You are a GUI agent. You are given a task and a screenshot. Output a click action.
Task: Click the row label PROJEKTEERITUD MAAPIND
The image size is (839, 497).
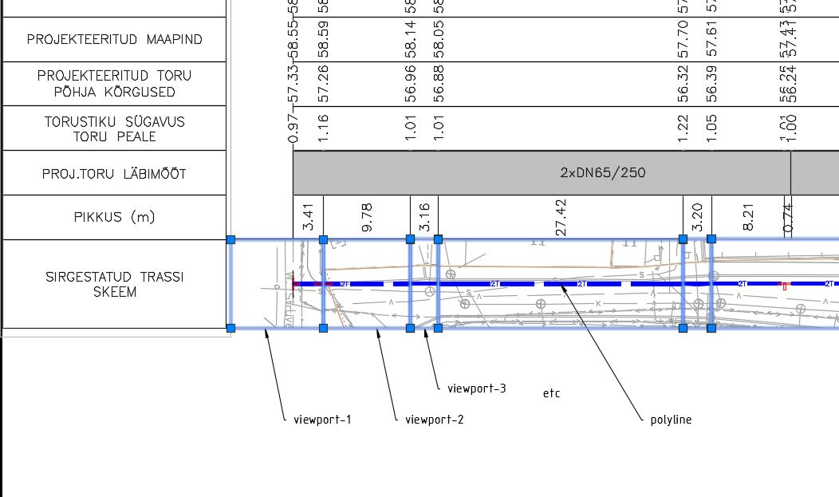(114, 39)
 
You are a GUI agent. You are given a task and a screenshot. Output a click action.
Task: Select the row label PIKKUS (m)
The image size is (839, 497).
(114, 217)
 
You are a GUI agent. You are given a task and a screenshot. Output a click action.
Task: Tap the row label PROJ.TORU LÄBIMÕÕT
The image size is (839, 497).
(114, 173)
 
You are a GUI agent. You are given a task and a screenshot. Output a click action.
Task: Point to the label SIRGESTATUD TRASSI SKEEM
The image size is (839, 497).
(114, 284)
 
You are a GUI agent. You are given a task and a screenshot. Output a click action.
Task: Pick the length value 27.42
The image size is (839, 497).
(561, 218)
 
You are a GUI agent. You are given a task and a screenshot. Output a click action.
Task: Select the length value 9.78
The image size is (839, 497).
(367, 218)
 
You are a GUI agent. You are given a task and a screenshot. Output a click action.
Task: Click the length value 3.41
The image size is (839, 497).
(309, 218)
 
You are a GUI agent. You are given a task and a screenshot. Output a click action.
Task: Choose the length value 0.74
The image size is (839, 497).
(788, 218)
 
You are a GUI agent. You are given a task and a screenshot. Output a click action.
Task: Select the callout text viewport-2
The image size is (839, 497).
(434, 419)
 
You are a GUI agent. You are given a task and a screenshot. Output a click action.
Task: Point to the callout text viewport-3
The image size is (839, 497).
(476, 389)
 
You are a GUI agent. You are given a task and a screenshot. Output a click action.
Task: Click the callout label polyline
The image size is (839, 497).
(671, 419)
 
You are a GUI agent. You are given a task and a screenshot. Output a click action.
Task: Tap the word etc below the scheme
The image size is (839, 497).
(551, 393)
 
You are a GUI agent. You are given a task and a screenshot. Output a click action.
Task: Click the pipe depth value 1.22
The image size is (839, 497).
(683, 128)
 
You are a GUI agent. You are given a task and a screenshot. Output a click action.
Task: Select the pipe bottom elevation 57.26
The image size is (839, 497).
(324, 84)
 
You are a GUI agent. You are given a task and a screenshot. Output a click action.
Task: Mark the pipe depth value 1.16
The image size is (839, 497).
(324, 128)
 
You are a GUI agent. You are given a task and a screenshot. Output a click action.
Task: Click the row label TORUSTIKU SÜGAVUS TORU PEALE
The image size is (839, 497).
(114, 128)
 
